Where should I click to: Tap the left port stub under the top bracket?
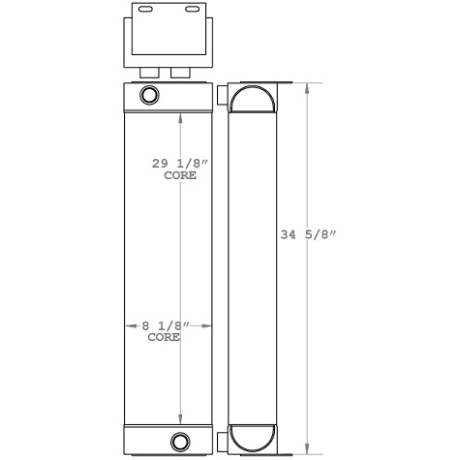[150, 74]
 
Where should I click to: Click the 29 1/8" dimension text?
[181, 166]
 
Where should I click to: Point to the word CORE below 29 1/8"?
[181, 177]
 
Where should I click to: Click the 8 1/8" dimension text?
[162, 327]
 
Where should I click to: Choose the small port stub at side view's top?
[224, 95]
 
